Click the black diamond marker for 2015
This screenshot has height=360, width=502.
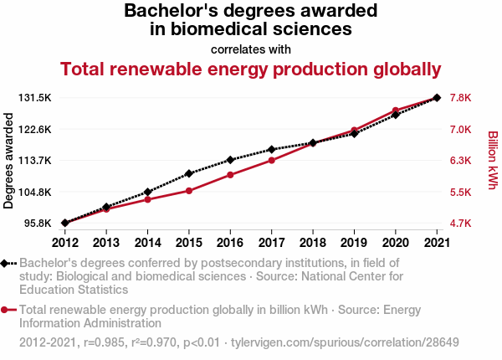tap(188, 173)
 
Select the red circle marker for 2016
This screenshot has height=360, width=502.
tap(230, 175)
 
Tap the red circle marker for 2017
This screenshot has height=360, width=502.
tap(271, 160)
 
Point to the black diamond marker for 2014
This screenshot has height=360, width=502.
tap(147, 193)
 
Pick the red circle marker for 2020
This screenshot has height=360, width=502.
tap(395, 111)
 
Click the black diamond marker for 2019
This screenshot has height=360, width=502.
tap(354, 133)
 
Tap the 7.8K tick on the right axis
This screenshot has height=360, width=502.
tap(461, 98)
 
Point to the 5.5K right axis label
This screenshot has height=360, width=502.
tap(461, 193)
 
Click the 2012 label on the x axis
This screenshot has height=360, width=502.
tap(64, 243)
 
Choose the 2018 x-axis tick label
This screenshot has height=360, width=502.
tap(313, 243)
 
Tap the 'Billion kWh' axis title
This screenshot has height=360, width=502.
tap(492, 160)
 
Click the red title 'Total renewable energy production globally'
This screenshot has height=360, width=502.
tap(251, 69)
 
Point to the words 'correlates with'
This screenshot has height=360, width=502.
tap(251, 49)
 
